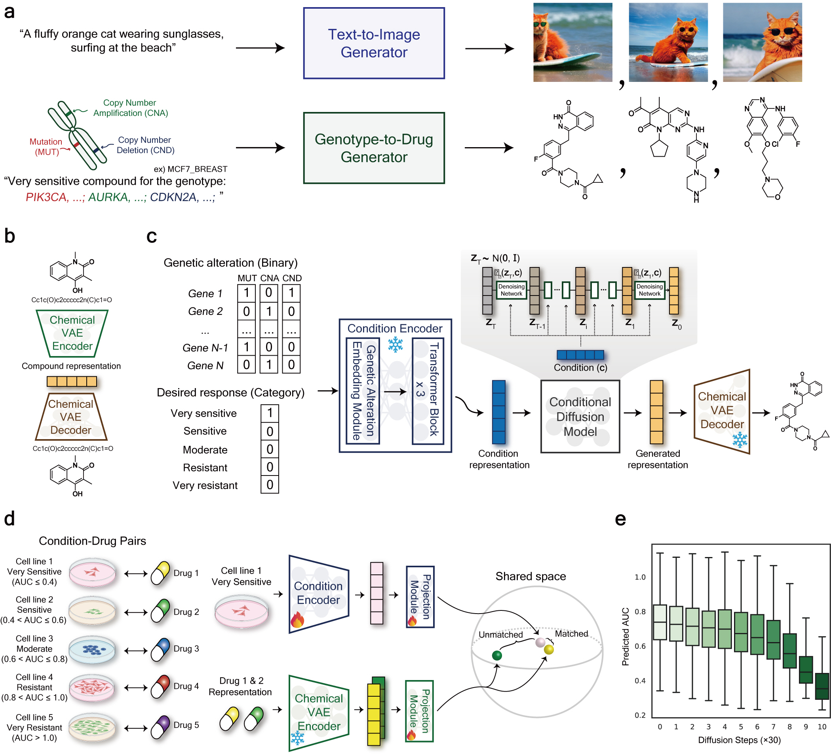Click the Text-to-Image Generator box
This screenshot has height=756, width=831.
(374, 43)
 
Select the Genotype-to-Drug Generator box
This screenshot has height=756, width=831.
(374, 148)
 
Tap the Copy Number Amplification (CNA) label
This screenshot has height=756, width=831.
(130, 108)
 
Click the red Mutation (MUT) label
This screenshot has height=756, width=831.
(46, 147)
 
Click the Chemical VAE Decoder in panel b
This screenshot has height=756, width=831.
(71, 417)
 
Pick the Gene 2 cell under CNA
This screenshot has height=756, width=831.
(269, 311)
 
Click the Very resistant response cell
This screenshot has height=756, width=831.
(270, 485)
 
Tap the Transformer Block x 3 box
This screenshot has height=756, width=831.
(428, 390)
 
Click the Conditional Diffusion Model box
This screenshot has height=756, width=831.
(580, 417)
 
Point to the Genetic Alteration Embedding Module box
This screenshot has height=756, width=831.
(363, 390)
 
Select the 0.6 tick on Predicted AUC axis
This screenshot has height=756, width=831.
(640, 646)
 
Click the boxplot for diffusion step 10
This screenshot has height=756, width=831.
(822, 686)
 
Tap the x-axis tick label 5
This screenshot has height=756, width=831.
(741, 727)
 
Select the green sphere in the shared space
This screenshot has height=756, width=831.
(497, 656)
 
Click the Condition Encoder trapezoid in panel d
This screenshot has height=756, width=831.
(319, 594)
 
